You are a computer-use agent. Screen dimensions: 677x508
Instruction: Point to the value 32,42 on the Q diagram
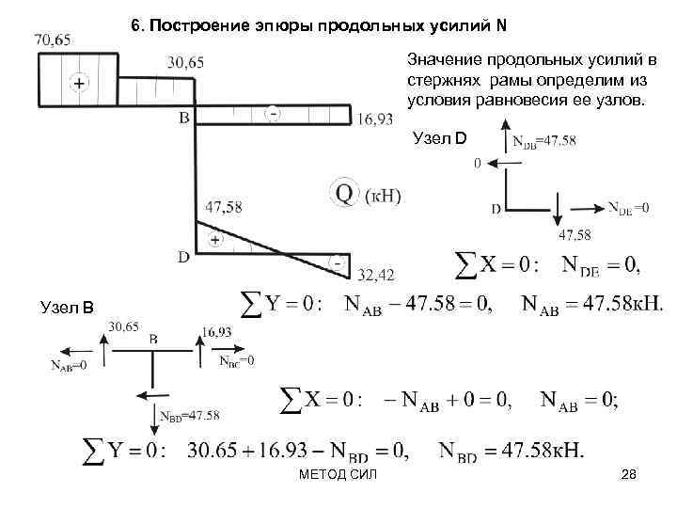tap(376, 275)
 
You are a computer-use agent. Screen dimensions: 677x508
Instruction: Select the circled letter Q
tap(344, 195)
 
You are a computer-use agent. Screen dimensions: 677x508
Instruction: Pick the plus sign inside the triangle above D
tap(214, 241)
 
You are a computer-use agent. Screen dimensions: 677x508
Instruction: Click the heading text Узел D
tap(440, 139)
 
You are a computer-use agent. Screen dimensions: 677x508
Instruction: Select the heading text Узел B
tap(67, 304)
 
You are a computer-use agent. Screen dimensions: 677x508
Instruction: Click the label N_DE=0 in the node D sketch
tap(628, 208)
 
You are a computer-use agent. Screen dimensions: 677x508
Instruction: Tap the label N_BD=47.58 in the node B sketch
tap(190, 415)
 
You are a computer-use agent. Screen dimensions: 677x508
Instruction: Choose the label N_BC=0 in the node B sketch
tap(236, 360)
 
